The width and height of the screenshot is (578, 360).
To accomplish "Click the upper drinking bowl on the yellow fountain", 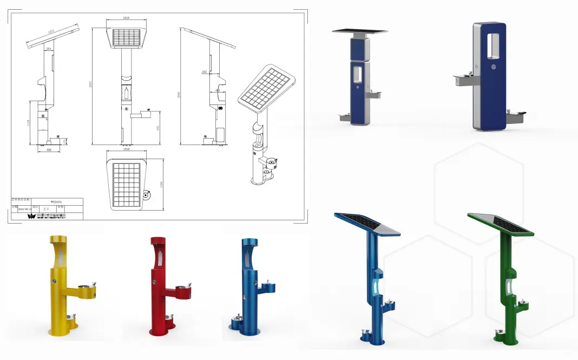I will tap(87, 291).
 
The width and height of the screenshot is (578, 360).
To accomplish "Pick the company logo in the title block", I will tap(31, 215).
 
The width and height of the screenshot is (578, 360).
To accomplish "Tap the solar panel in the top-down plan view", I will tap(126, 185).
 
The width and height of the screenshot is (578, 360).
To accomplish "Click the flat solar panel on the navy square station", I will tap(360, 31).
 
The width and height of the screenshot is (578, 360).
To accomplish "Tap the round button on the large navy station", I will tap(494, 68).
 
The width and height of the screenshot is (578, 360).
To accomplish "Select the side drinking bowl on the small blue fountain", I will tap(267, 285).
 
